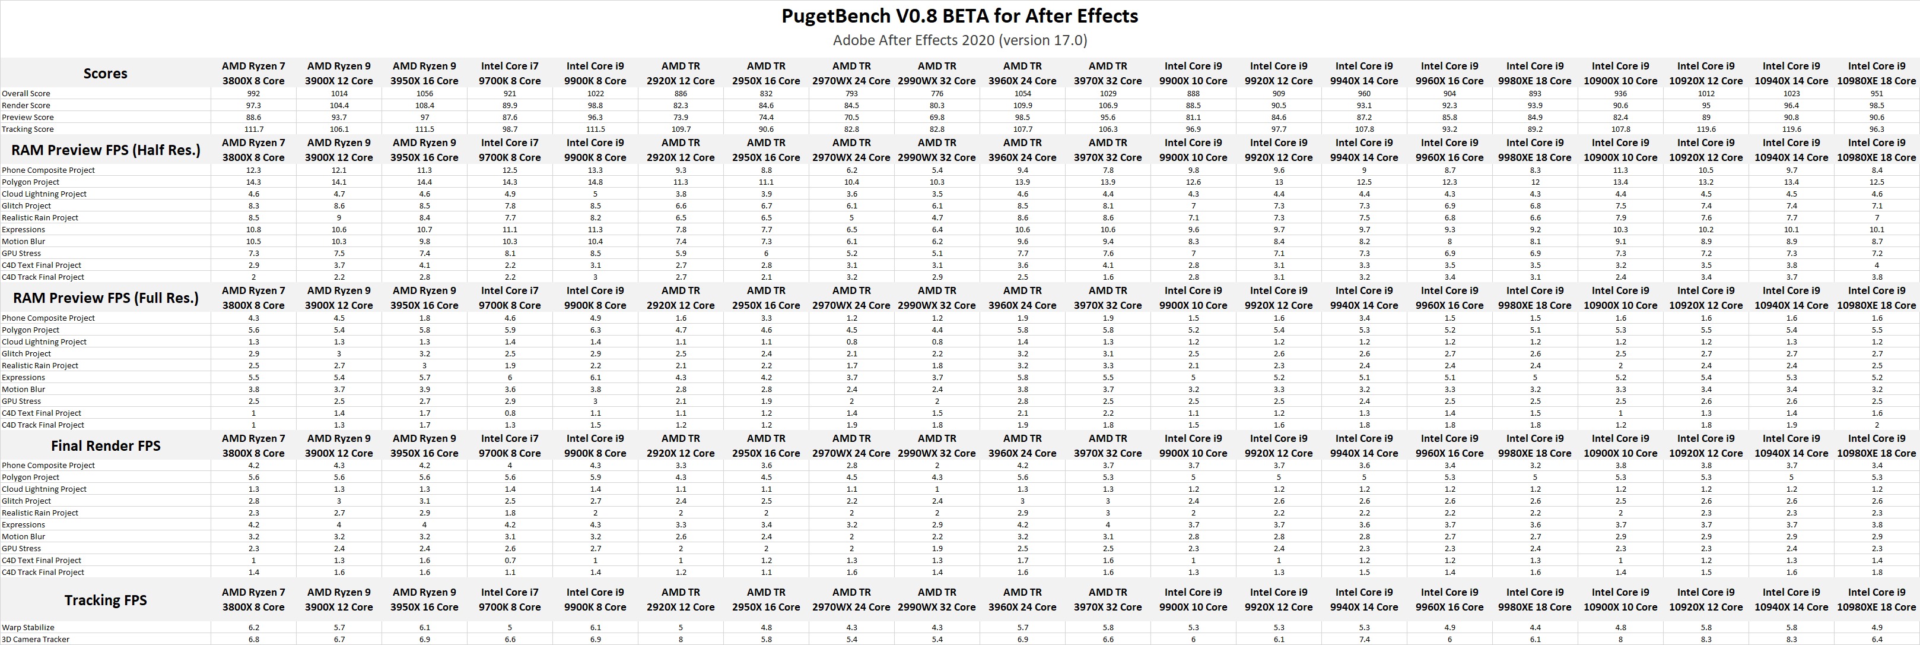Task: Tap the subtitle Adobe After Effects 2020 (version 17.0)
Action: click(x=959, y=40)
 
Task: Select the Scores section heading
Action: click(x=105, y=73)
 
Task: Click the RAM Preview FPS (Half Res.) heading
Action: click(x=105, y=150)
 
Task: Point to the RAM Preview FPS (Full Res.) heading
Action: click(x=105, y=298)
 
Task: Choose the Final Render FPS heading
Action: click(x=105, y=446)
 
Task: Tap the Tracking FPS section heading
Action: click(x=105, y=599)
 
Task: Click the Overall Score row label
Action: click(x=26, y=93)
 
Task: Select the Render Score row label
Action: click(x=26, y=105)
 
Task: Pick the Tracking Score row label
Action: click(x=27, y=129)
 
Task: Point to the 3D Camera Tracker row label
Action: click(x=35, y=639)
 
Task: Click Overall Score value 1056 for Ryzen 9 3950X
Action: click(x=424, y=93)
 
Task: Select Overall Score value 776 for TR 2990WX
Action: click(x=937, y=93)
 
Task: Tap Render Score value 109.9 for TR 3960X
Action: click(x=1023, y=105)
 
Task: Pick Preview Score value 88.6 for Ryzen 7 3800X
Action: click(x=253, y=117)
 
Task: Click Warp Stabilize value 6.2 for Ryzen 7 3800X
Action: click(x=253, y=627)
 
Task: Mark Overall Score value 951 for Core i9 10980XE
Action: click(x=1877, y=93)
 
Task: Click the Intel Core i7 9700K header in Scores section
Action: click(x=510, y=73)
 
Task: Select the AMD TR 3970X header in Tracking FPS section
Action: click(x=1108, y=599)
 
